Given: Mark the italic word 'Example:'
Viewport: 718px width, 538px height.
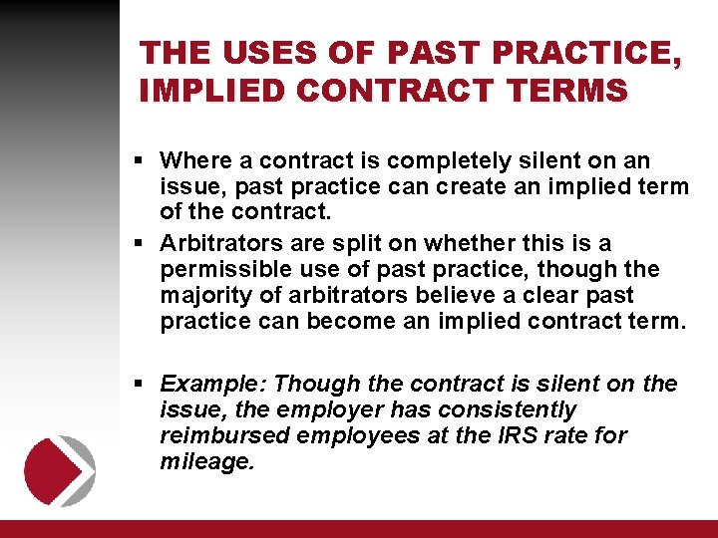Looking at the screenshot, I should [212, 384].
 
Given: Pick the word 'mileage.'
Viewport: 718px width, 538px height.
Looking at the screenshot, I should [207, 461].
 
